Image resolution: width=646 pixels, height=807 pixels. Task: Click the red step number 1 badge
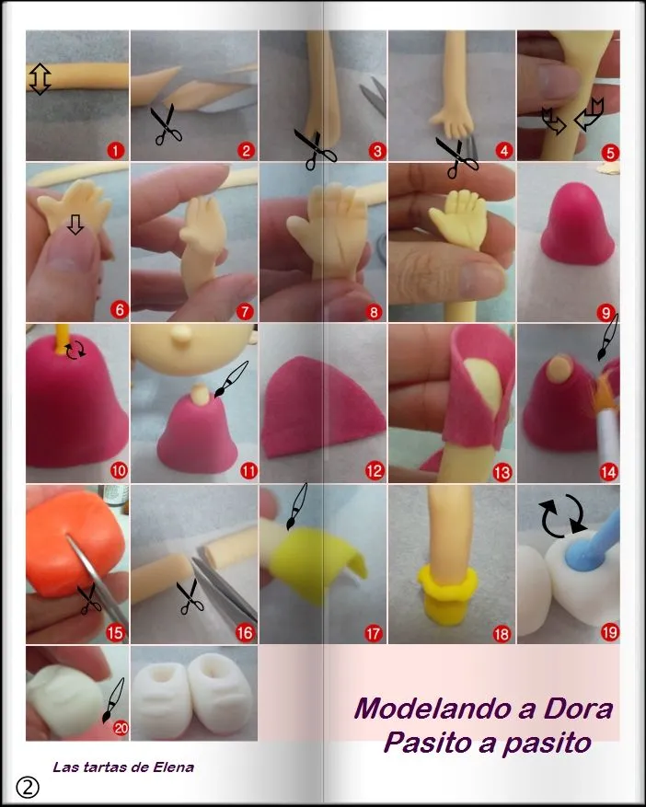(116, 151)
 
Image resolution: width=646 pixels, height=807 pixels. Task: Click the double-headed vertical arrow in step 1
(40, 79)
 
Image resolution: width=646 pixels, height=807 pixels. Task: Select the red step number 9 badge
(608, 312)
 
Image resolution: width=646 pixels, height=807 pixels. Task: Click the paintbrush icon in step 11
(233, 380)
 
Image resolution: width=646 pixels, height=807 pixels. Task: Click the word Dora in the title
(575, 710)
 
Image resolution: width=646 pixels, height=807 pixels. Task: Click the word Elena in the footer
(173, 767)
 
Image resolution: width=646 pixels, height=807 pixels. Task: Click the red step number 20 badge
(119, 729)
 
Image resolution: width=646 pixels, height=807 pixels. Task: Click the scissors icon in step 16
(190, 596)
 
